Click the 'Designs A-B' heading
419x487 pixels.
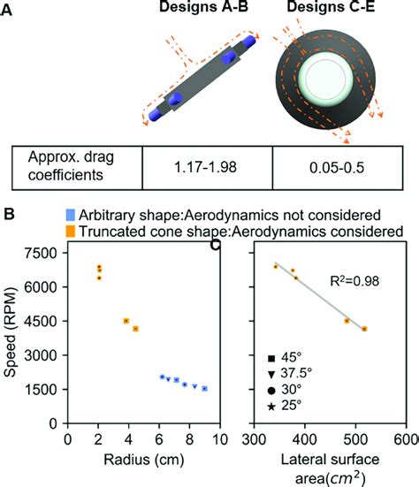(x=203, y=6)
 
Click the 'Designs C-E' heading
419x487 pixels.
(x=331, y=6)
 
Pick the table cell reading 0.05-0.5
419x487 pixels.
(x=337, y=168)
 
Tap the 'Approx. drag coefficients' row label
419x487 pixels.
(x=71, y=166)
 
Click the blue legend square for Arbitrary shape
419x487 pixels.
(x=71, y=215)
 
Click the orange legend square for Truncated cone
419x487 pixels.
(x=71, y=232)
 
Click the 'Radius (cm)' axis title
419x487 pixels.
(x=144, y=460)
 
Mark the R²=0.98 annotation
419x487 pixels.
(x=354, y=281)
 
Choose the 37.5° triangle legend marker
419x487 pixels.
(x=271, y=374)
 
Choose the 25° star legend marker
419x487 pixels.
(x=271, y=407)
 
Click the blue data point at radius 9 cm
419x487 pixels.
(x=205, y=389)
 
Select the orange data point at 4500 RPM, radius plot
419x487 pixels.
(x=126, y=321)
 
